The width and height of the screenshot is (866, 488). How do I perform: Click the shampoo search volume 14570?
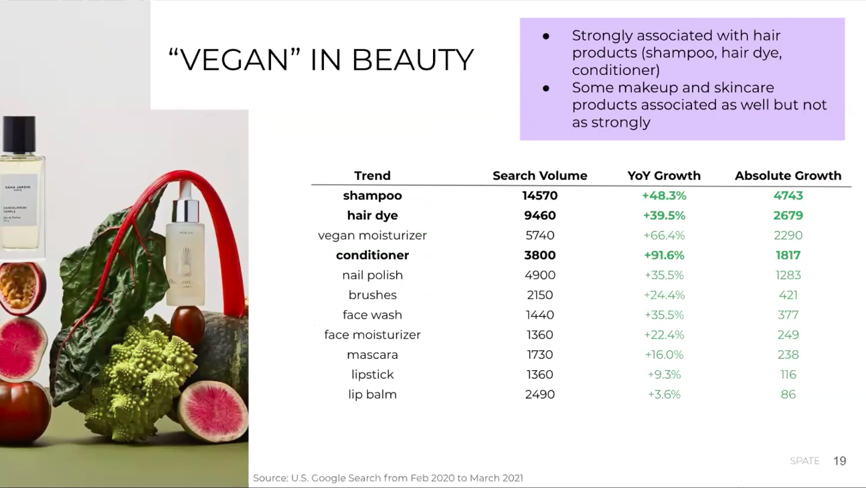click(x=539, y=195)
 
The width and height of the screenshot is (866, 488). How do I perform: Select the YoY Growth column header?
click(x=664, y=175)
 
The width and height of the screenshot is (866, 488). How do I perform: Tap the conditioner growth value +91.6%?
click(x=664, y=255)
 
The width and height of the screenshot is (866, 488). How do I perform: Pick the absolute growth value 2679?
click(x=788, y=216)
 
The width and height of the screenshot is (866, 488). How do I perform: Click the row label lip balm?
click(x=372, y=394)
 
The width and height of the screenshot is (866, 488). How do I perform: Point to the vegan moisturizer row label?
click(x=372, y=236)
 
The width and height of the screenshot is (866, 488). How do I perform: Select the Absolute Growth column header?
click(x=788, y=175)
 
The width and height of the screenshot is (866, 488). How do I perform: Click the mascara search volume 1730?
click(x=539, y=355)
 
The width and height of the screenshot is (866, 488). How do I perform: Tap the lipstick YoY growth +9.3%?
click(x=664, y=375)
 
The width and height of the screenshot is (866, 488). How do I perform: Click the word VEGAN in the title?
click(x=234, y=60)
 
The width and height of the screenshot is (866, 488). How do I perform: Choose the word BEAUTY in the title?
click(x=412, y=60)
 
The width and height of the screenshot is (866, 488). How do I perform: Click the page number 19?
click(x=840, y=461)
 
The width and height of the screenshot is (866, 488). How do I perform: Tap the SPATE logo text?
click(x=804, y=461)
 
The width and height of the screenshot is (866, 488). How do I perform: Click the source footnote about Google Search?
click(x=387, y=479)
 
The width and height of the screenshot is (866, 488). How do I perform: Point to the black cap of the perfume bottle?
click(x=19, y=134)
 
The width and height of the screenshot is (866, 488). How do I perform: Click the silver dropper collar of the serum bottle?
click(x=185, y=211)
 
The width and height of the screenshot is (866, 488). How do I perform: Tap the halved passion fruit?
click(x=21, y=287)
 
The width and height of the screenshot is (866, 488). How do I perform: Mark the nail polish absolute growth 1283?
click(x=788, y=275)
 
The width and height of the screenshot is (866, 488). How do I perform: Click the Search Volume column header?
click(x=539, y=175)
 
